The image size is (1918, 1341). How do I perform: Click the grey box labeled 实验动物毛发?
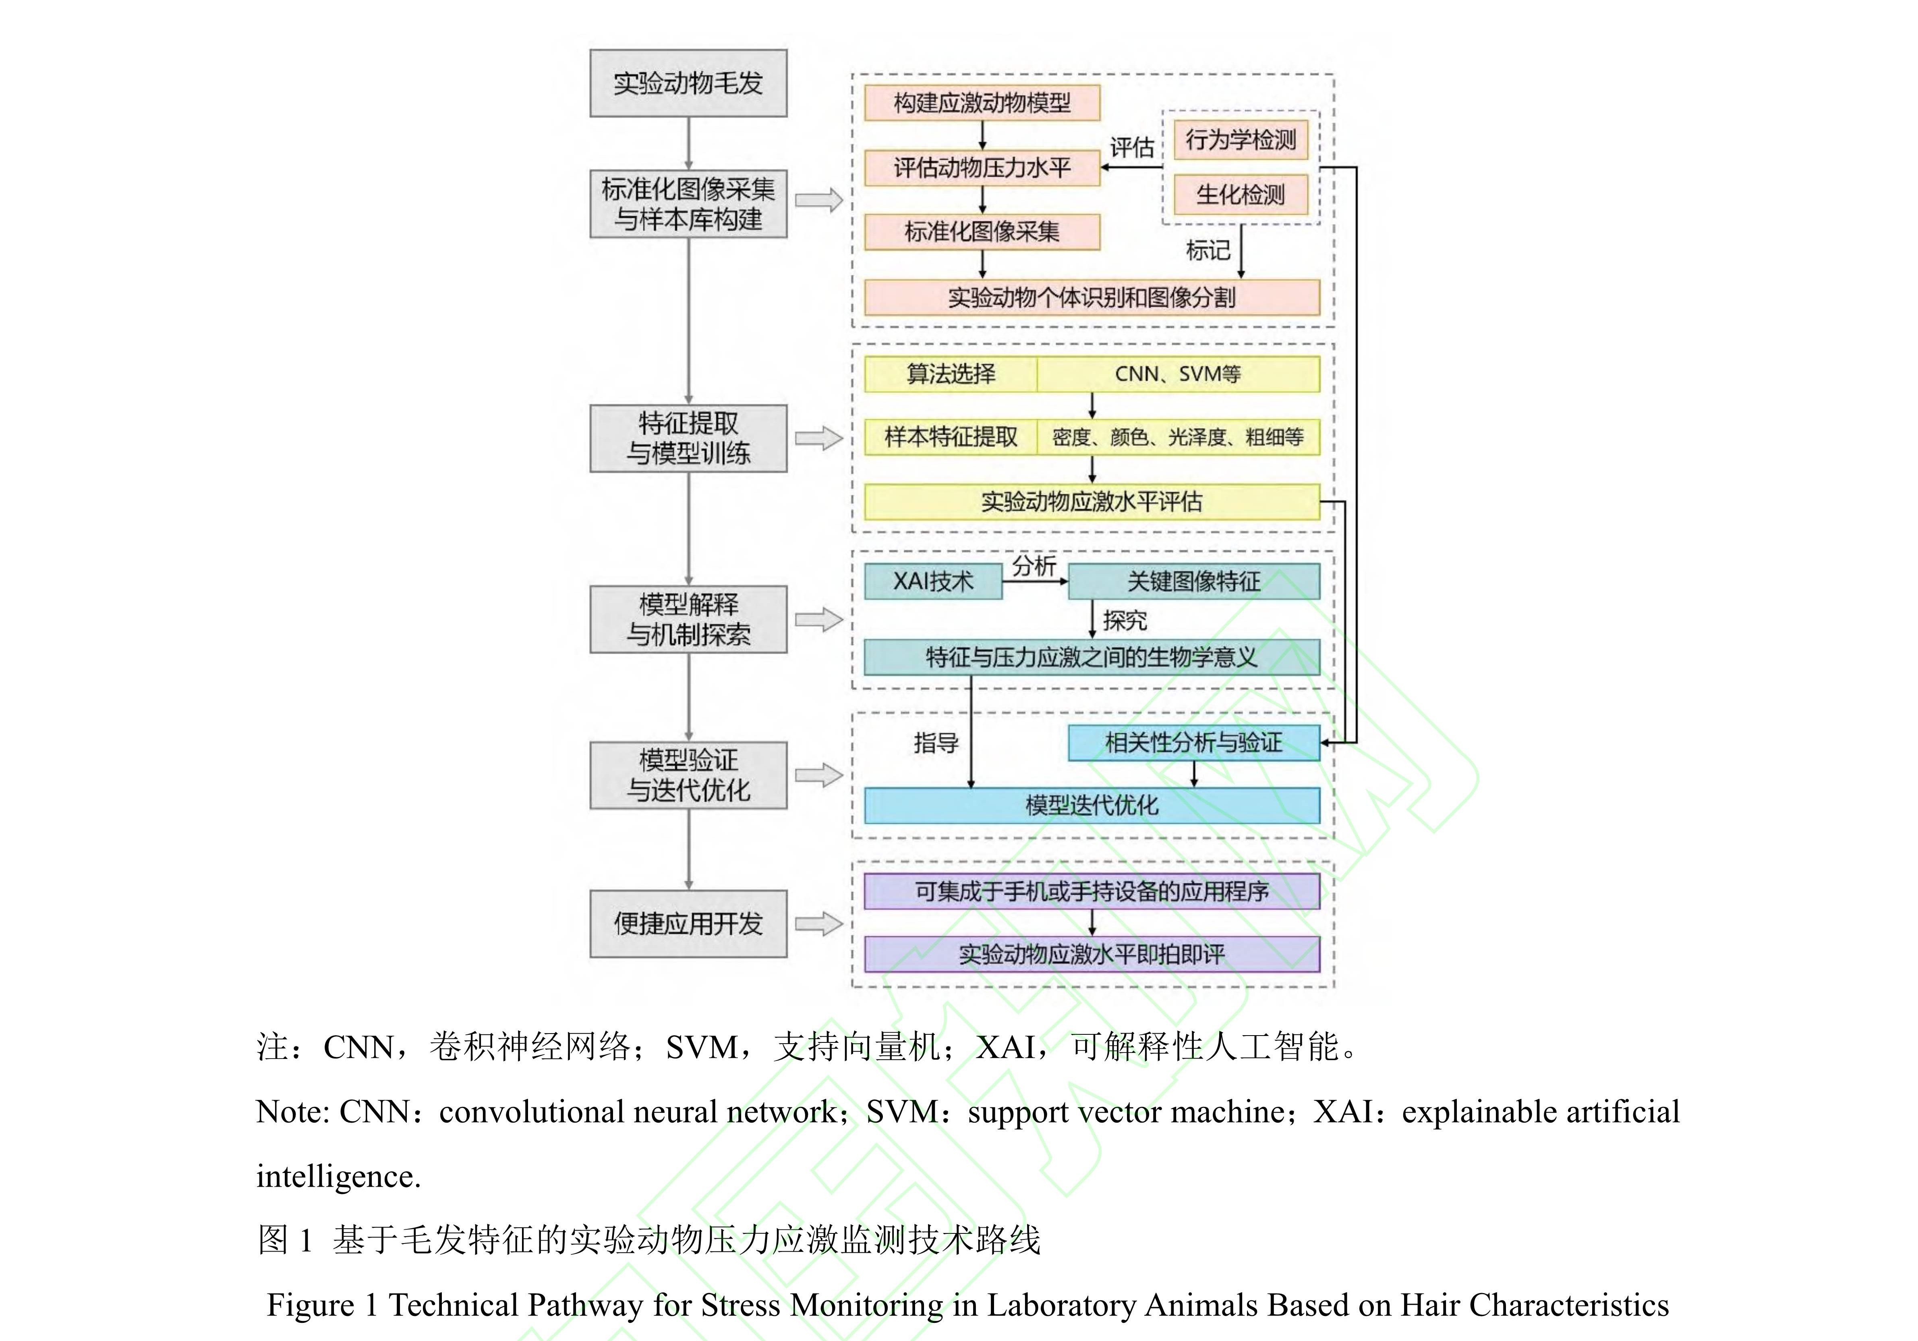[688, 83]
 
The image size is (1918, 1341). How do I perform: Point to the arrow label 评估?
[1132, 148]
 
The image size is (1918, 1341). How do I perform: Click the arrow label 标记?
[1208, 250]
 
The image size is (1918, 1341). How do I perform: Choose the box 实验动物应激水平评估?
[1092, 501]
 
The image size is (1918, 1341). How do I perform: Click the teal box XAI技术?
[933, 581]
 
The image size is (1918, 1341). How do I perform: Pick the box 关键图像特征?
[1194, 581]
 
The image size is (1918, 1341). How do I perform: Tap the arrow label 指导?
[936, 743]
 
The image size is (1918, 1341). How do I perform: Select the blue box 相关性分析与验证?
[1194, 743]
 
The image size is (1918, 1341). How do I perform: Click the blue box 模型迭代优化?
[1092, 805]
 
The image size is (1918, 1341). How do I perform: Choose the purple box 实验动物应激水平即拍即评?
[1092, 954]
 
